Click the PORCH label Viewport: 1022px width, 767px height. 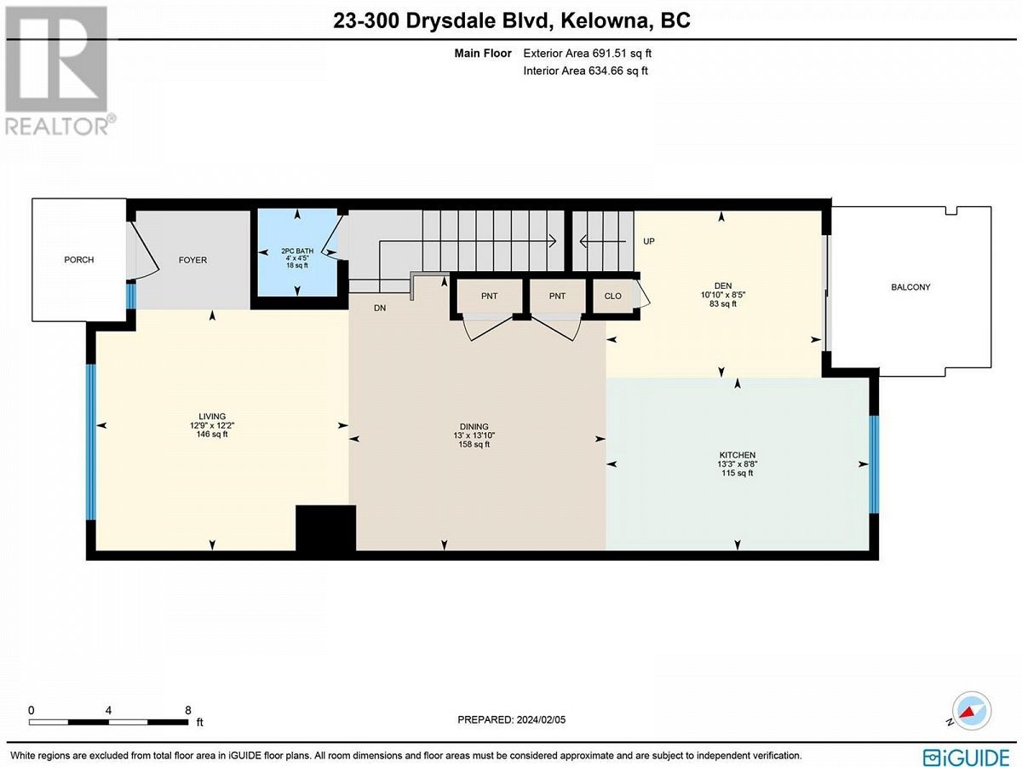pos(78,260)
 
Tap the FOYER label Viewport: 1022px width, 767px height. pos(192,260)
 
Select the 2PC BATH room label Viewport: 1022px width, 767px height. pos(297,251)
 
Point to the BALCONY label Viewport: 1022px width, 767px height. pos(910,287)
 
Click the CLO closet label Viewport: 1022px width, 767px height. pos(612,297)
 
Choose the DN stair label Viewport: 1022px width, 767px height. pos(380,309)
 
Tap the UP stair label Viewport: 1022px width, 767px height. pos(649,241)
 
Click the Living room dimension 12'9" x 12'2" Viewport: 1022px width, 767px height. pos(212,425)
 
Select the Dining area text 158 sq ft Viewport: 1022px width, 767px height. pos(474,445)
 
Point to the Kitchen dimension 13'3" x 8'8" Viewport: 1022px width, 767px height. pos(738,464)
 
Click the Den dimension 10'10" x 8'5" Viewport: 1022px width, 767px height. pos(723,295)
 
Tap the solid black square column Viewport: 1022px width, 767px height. pos(326,528)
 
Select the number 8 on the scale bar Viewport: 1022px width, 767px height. pos(188,711)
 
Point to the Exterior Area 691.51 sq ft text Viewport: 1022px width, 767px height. pos(587,54)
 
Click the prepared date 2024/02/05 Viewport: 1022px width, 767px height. pos(540,720)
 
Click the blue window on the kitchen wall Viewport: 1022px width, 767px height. pos(874,464)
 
